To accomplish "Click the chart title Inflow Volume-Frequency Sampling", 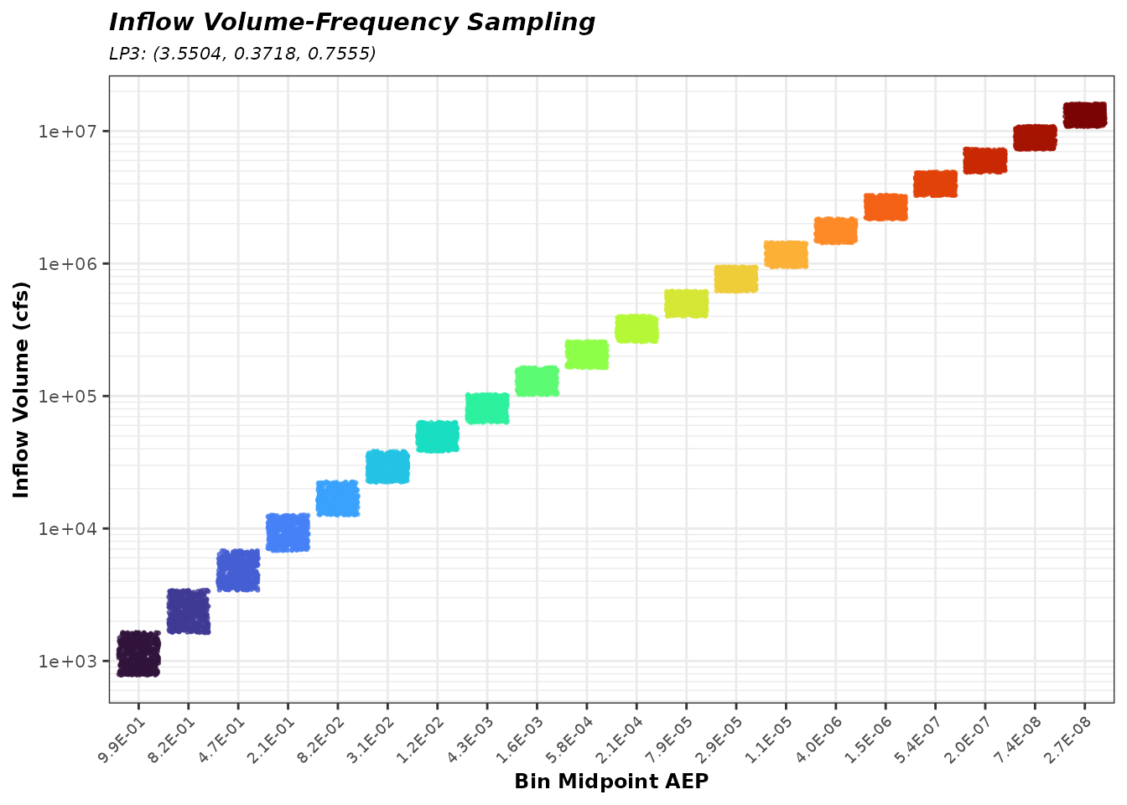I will [x=352, y=23].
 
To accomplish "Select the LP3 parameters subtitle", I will [x=242, y=55].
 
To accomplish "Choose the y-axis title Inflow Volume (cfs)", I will [x=22, y=389].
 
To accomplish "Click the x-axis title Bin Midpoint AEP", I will [x=611, y=782].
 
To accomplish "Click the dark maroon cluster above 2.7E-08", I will [x=1084, y=115].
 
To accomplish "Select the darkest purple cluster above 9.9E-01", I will [x=138, y=653].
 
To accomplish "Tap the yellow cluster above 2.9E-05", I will [x=736, y=278].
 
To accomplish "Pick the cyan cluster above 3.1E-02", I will [x=387, y=467].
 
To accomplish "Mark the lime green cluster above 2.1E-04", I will [x=636, y=329].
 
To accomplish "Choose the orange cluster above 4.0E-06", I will [x=835, y=231].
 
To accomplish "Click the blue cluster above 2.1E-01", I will [x=288, y=532].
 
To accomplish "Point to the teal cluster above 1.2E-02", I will [x=437, y=436].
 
